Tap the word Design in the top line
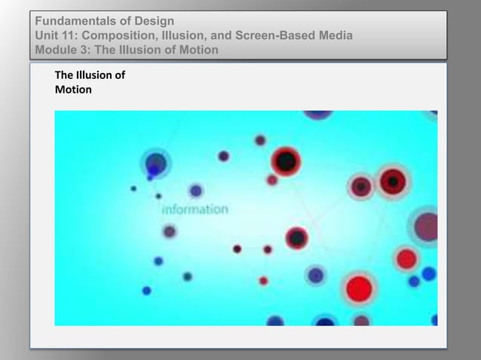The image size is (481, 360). pos(154,20)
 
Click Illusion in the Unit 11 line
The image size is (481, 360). pos(182,35)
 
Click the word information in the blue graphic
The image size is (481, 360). pos(195,209)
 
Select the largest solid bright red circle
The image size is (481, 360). pos(360,288)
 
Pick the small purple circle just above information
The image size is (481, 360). pos(196,191)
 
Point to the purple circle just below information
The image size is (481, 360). pos(170,231)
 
